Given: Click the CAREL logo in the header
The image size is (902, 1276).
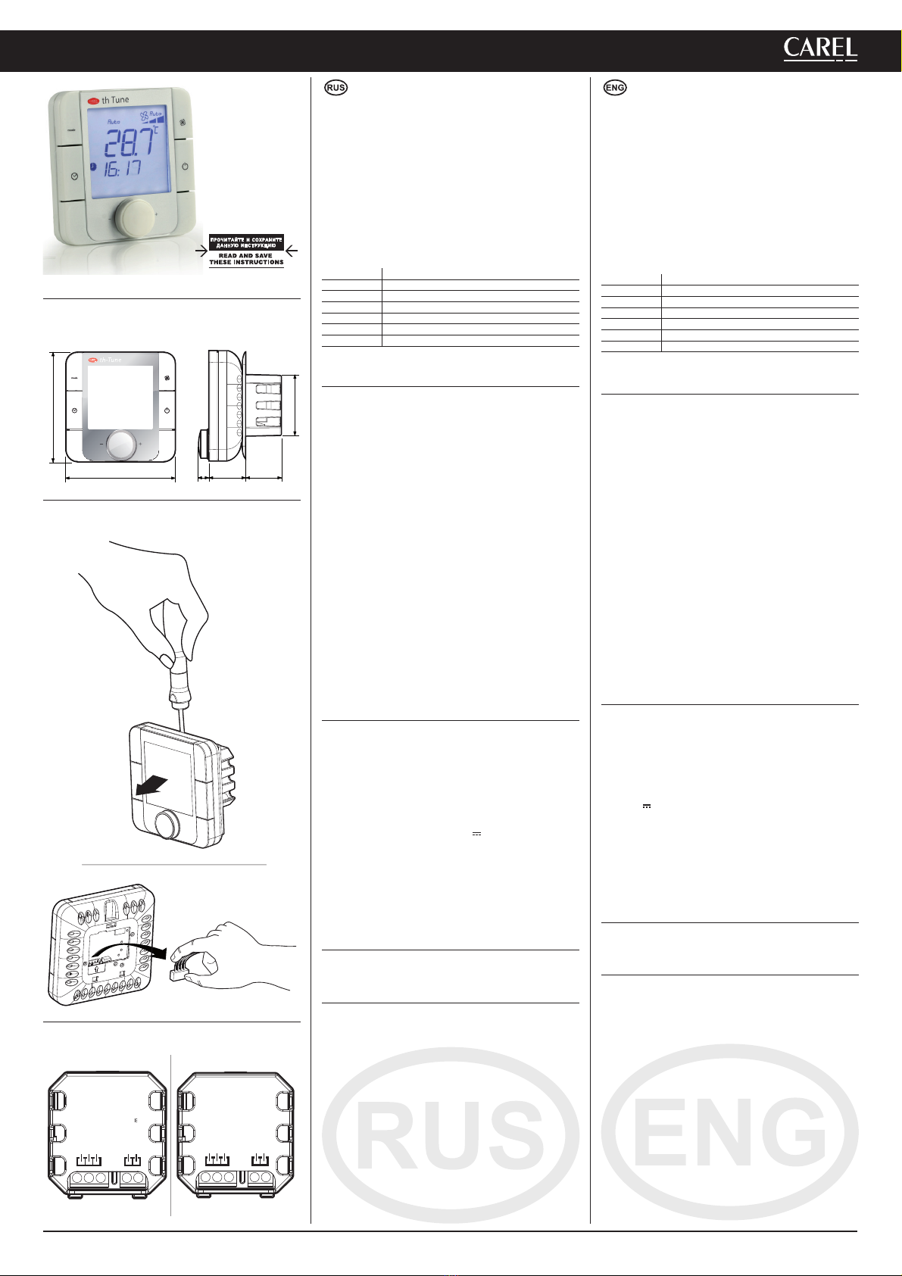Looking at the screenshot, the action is tap(820, 49).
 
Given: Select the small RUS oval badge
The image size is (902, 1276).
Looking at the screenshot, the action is tap(336, 88).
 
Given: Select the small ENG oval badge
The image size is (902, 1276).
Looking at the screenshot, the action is tap(615, 88).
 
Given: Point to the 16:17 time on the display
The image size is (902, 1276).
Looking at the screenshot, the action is tap(122, 168).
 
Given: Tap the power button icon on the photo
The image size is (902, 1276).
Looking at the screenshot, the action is tap(186, 167).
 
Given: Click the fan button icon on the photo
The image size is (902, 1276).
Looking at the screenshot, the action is tap(183, 123).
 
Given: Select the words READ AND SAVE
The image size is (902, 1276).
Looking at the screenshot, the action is tap(245, 256).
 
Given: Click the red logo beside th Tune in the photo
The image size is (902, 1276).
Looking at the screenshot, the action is tap(93, 101).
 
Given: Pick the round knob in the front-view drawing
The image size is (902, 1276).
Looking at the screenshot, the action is tap(121, 445).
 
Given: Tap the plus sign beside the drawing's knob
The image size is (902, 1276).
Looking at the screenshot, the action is tap(140, 444).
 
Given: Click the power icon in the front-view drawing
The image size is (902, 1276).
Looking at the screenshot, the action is tap(167, 410).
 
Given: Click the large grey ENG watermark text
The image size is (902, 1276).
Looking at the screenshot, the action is tap(730, 1131).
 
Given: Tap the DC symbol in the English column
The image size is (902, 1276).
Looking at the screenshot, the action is tap(647, 806).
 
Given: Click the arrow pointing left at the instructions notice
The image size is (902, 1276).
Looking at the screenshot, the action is tap(291, 250).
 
